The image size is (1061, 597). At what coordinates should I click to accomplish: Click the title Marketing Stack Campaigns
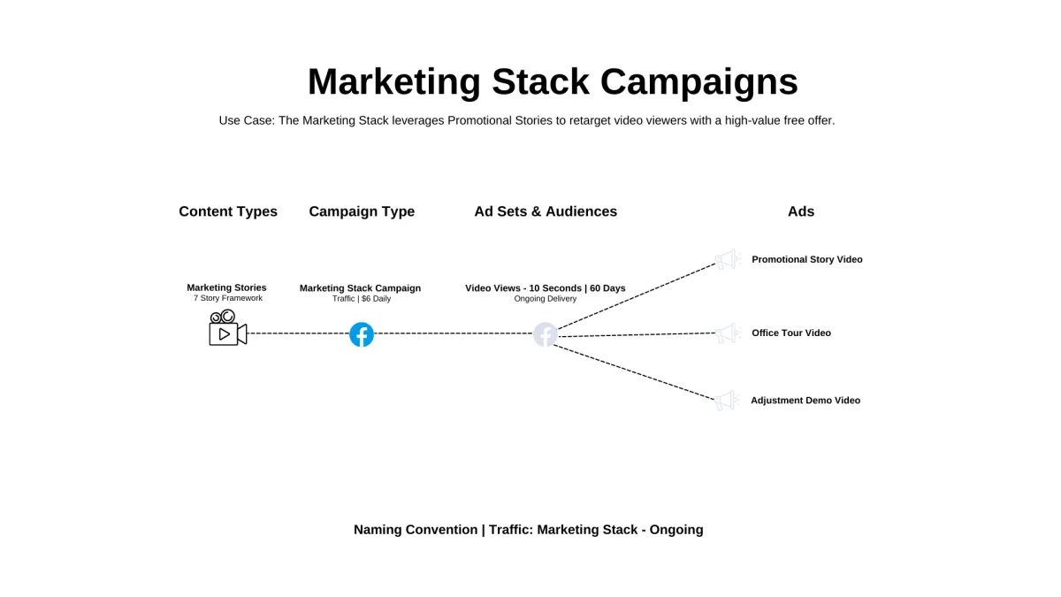point(553,81)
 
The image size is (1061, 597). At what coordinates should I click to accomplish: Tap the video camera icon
point(227,328)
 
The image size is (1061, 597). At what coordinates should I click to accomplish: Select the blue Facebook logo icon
point(362,334)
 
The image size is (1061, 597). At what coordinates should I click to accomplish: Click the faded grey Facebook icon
point(546,334)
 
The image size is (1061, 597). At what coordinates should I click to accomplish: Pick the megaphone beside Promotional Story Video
point(727,259)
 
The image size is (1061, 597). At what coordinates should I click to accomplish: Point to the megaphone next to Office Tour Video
point(727,333)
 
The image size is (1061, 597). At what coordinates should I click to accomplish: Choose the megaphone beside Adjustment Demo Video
point(726,401)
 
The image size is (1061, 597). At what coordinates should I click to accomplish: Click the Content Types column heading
point(228,211)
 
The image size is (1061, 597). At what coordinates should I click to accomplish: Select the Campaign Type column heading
point(362,211)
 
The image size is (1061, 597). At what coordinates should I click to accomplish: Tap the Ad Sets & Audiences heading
point(546,211)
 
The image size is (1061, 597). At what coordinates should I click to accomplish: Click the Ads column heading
point(801,211)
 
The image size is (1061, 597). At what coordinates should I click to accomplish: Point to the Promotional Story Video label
point(806,259)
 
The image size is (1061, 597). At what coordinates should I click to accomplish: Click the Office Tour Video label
point(791,333)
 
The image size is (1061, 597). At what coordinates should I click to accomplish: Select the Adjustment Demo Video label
point(805,401)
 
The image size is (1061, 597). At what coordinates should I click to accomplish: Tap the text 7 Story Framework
point(228,298)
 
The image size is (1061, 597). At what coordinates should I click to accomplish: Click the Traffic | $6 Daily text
point(362,299)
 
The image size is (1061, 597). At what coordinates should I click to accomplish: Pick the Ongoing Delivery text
point(546,299)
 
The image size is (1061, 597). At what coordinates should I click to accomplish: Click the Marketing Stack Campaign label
point(360,288)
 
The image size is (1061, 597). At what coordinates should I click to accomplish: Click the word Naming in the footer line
point(378,530)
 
